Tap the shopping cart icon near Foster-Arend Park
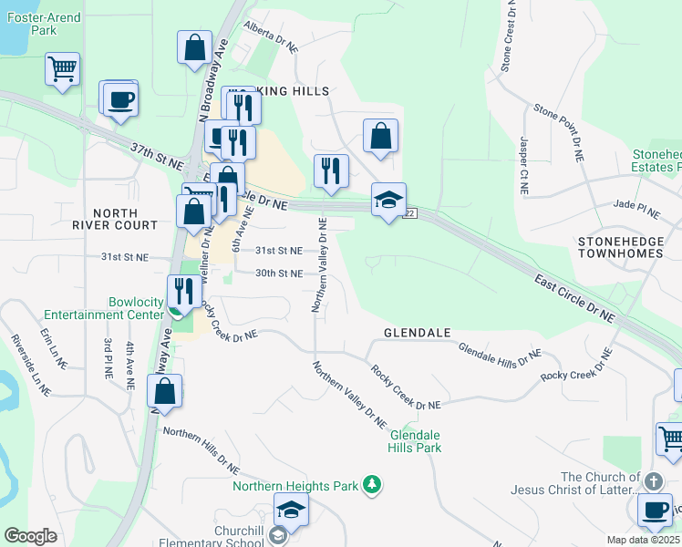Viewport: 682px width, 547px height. pos(62,68)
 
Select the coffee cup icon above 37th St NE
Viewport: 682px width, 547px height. pos(120,99)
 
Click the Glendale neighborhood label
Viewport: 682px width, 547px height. pos(418,334)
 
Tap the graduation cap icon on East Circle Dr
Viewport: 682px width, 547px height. pos(388,201)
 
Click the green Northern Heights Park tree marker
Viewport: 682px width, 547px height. pos(372,484)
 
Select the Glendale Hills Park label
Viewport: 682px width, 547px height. pos(415,441)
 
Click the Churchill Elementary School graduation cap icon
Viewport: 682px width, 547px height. pos(291,510)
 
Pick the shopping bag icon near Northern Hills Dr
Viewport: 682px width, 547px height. pos(164,392)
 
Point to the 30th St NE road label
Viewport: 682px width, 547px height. pos(278,273)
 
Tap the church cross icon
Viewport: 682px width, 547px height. pos(652,480)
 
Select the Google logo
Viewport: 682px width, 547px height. pos(30,535)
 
